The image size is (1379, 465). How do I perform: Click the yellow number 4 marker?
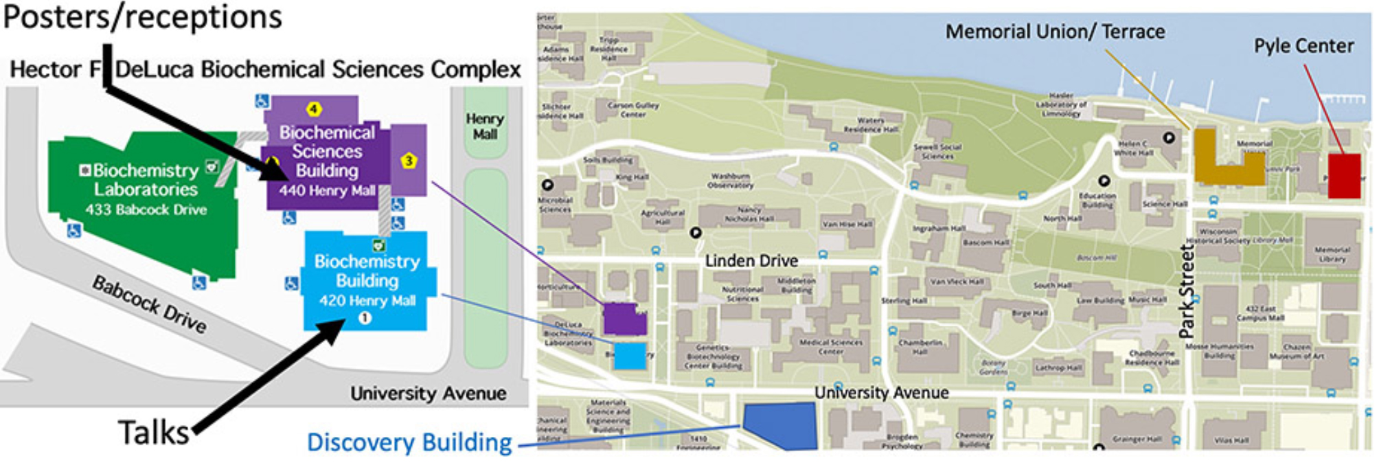[x=314, y=109]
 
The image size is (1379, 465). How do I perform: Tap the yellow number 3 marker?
[x=409, y=161]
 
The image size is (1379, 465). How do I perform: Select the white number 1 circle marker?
[x=365, y=318]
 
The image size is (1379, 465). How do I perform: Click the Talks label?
[x=153, y=433]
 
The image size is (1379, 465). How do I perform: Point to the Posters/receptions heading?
[x=142, y=16]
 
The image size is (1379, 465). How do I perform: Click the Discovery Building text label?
[x=409, y=443]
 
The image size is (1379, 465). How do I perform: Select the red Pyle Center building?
[x=1344, y=176]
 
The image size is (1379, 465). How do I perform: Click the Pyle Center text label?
[x=1303, y=46]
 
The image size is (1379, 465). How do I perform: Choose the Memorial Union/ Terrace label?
[x=1055, y=32]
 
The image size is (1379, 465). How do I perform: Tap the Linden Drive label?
[x=751, y=261]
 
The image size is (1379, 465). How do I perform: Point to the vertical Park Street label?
[x=1187, y=291]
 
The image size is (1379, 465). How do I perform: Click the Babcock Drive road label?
[x=149, y=304]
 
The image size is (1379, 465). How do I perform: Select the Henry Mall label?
[x=485, y=126]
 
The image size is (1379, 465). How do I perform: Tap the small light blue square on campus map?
[x=630, y=356]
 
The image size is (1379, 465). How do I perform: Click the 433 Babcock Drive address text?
[x=146, y=209]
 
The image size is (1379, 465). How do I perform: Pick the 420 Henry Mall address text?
[x=367, y=300]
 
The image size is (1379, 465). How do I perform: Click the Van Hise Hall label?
[x=847, y=225]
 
